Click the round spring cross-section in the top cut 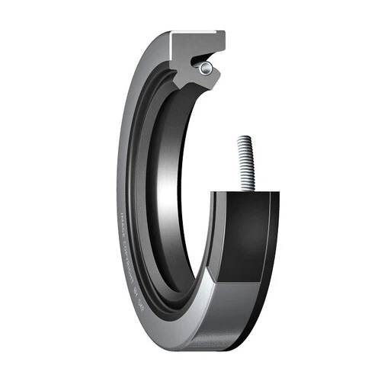click(206, 69)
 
